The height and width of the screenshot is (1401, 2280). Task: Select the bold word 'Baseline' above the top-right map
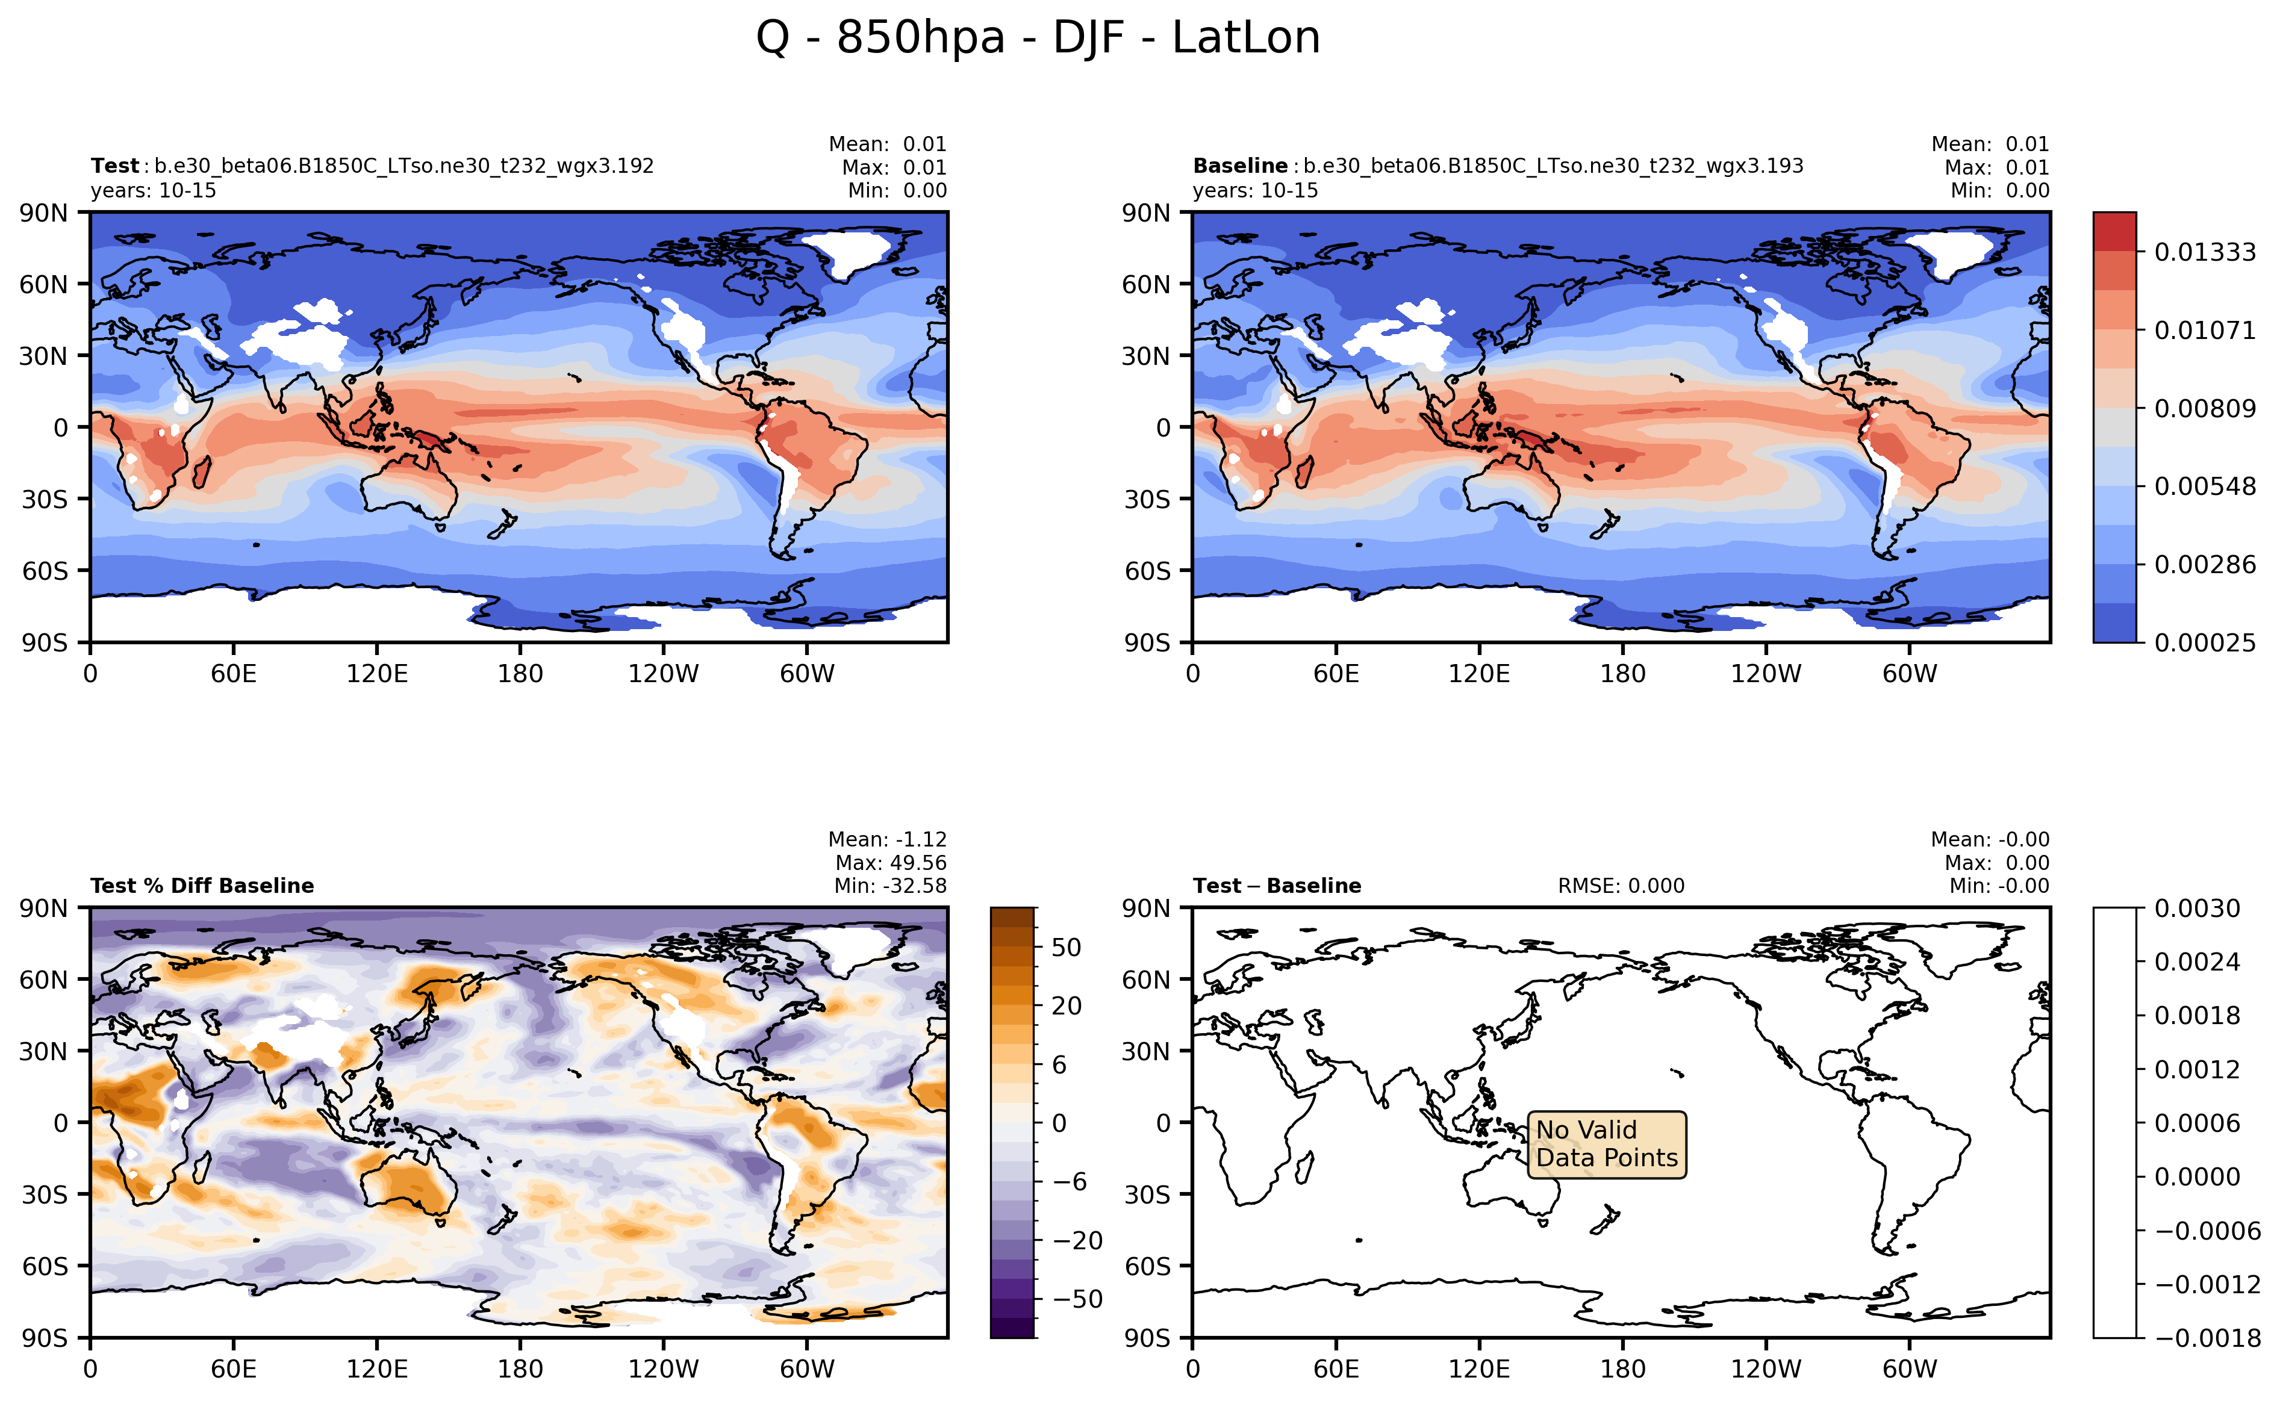click(x=1239, y=166)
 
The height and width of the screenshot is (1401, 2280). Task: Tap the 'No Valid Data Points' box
click(x=1606, y=1145)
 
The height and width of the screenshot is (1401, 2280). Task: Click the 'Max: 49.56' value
click(x=889, y=863)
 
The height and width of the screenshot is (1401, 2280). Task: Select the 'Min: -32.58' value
click(x=889, y=886)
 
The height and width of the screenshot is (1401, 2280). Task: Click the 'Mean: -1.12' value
click(x=887, y=839)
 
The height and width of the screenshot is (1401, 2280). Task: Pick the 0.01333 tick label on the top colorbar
click(x=2204, y=252)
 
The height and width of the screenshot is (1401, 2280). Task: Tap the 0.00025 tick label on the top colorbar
click(x=2204, y=643)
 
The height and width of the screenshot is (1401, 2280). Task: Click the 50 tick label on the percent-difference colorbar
click(x=1066, y=948)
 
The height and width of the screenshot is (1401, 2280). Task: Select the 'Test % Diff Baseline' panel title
click(x=202, y=886)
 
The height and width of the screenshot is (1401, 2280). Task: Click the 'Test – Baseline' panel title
click(x=1276, y=886)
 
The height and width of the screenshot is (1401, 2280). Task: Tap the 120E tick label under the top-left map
click(x=376, y=674)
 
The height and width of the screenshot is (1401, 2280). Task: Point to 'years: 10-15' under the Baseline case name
click(x=1255, y=190)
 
